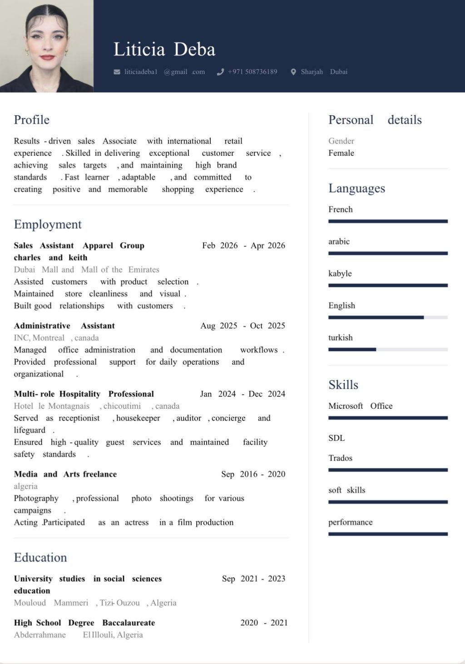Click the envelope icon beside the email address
point(117,72)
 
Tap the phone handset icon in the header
point(221,72)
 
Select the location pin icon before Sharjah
point(293,72)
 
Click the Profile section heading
point(32,120)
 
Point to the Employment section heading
point(48,224)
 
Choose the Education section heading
point(40,558)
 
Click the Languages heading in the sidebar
point(356,188)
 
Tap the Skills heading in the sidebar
point(343,385)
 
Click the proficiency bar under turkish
point(388,349)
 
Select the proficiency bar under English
point(388,317)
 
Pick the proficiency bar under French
point(388,221)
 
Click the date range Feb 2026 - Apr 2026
point(243,246)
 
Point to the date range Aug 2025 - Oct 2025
point(242,326)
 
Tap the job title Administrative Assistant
point(64,326)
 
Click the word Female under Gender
point(341,153)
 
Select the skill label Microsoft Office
point(360,406)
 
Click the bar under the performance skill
point(388,534)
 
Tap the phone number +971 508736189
point(252,72)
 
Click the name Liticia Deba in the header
point(164,50)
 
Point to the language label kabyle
point(340,273)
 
